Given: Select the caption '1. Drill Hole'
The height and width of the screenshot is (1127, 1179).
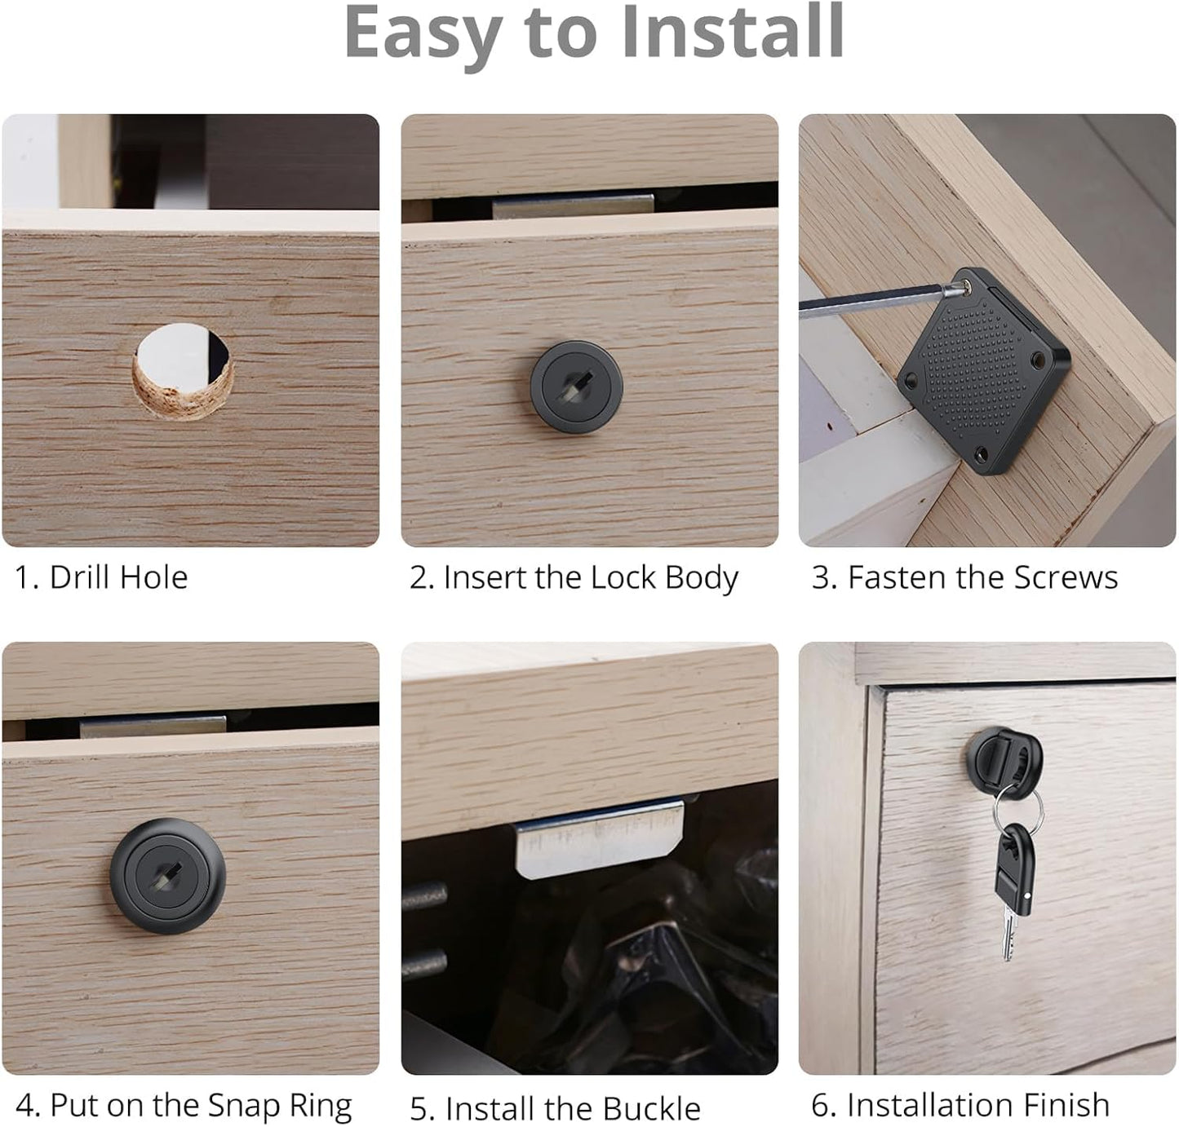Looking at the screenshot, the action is pyautogui.click(x=101, y=577).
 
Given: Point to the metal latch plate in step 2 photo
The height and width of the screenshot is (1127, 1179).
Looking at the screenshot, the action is pyautogui.click(x=573, y=206).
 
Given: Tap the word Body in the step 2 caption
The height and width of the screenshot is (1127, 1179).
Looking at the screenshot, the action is pyautogui.click(x=702, y=578).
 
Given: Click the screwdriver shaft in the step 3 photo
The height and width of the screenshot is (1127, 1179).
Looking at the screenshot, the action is pyautogui.click(x=880, y=300).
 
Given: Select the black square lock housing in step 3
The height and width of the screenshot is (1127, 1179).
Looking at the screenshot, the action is pyautogui.click(x=982, y=370).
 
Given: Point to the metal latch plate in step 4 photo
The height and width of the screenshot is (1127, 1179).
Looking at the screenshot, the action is pyautogui.click(x=153, y=727).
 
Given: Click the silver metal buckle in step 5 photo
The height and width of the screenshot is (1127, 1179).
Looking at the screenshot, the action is pyautogui.click(x=599, y=838).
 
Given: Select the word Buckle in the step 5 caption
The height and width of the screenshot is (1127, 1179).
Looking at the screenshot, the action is pyautogui.click(x=652, y=1109).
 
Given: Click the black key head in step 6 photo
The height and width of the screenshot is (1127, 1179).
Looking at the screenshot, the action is pyautogui.click(x=1014, y=866).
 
